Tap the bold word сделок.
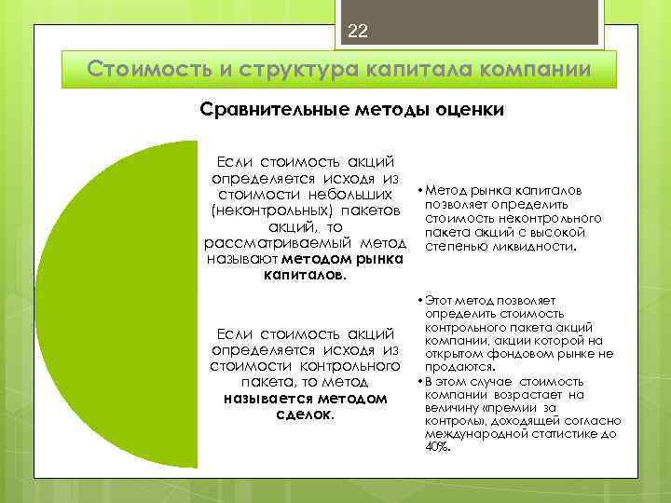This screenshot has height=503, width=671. click(x=305, y=415)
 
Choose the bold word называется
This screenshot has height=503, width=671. click(x=265, y=399)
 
